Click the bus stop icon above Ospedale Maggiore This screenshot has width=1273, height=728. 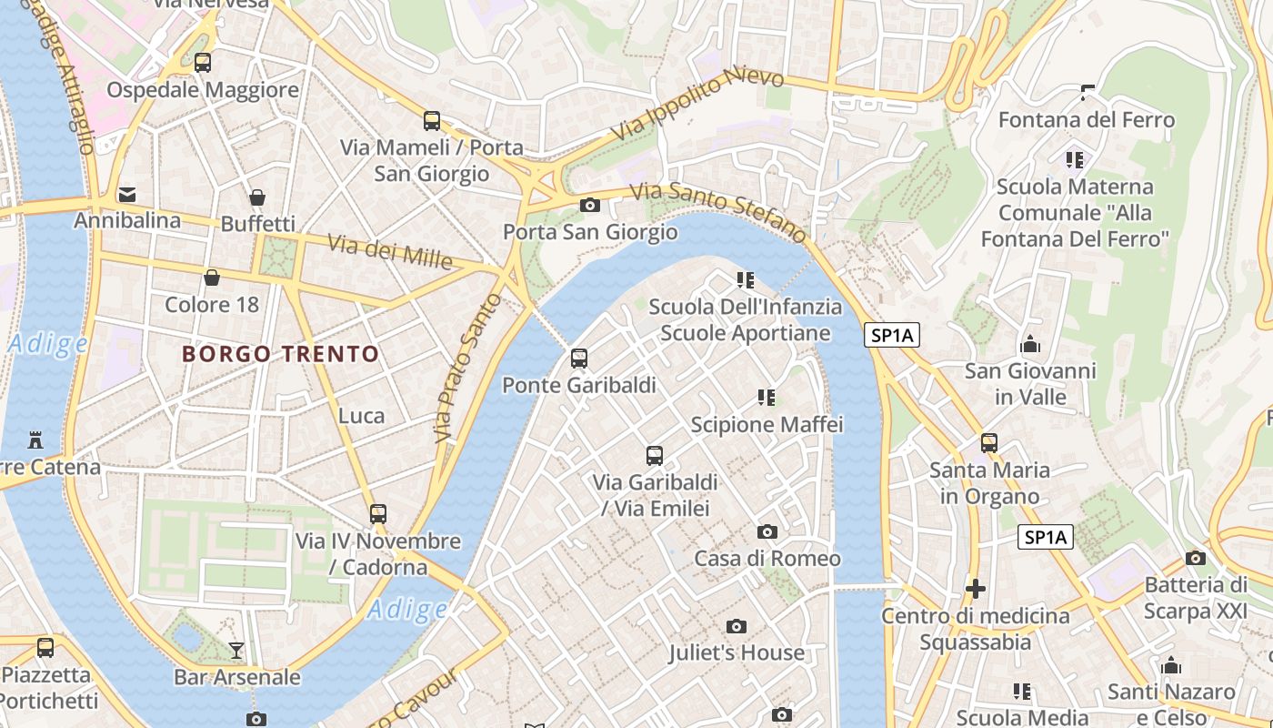pos(203,63)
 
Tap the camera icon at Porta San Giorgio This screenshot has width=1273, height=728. pos(590,205)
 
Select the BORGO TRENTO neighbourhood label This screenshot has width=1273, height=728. pos(281,354)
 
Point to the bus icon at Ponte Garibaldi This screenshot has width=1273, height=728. pos(579,359)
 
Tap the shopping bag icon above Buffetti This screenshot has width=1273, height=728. pos(257,197)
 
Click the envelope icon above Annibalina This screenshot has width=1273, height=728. pos(127,195)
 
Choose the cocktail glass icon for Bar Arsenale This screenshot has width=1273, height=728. pos(236,650)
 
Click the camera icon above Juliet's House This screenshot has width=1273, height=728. pos(737,626)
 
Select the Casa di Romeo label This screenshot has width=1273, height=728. pos(767,558)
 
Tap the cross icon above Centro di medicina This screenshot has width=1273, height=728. pos(976,589)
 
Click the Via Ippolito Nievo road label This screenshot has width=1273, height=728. pos(686,104)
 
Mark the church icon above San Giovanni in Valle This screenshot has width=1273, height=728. pos(1030,344)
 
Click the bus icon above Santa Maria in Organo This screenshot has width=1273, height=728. pos(989,443)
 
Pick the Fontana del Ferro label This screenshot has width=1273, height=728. pos(1087,120)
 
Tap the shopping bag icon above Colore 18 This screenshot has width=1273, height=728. pos(212,278)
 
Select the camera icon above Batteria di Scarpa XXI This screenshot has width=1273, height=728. pos(1196,558)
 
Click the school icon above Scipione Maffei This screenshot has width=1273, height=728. pos(767,397)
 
